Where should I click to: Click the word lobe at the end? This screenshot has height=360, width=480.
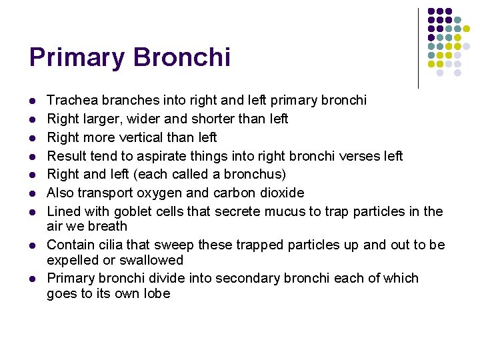click(x=156, y=293)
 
